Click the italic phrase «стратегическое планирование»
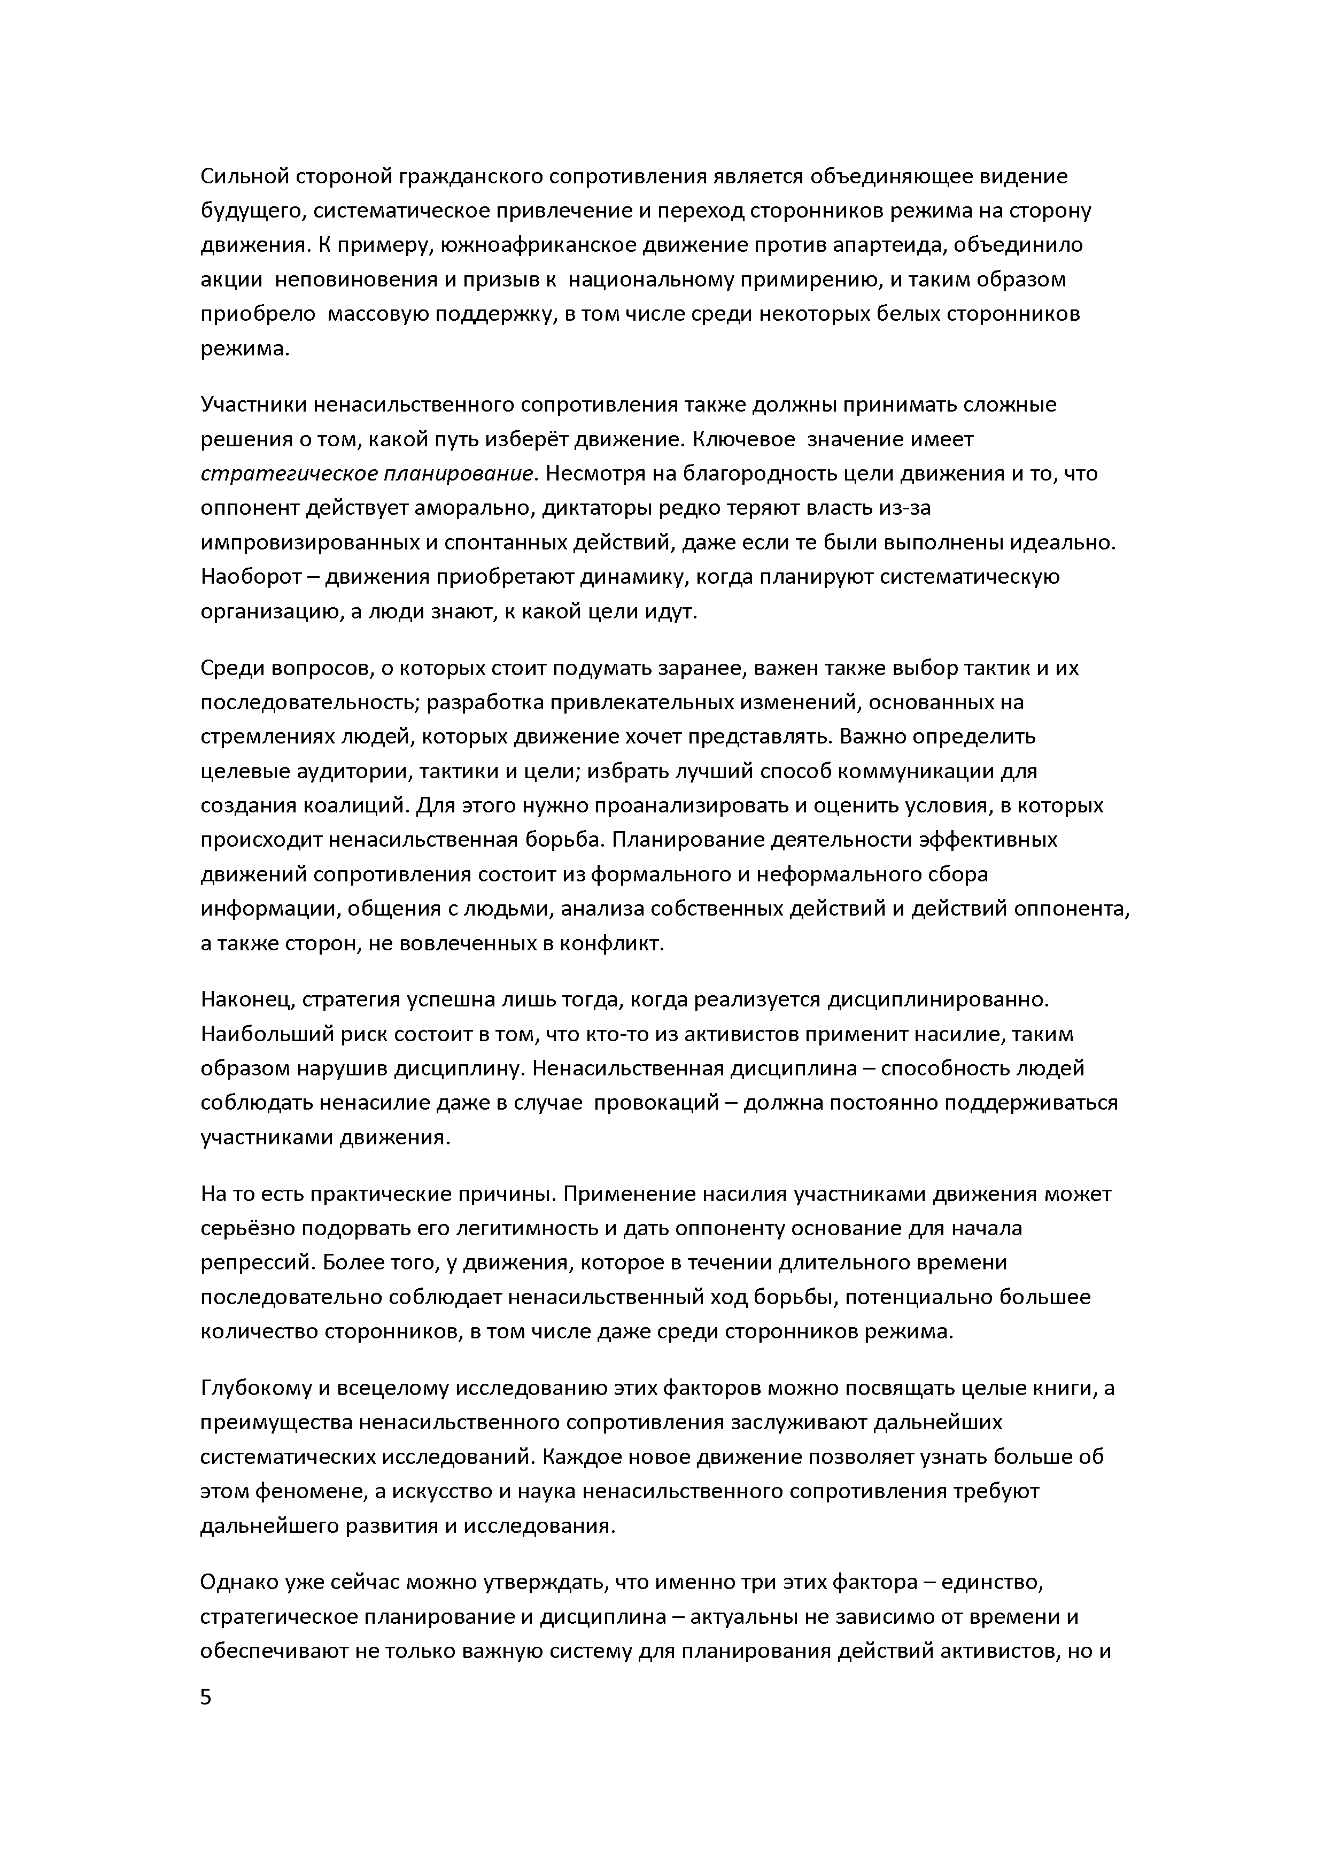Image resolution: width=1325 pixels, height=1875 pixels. [367, 474]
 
